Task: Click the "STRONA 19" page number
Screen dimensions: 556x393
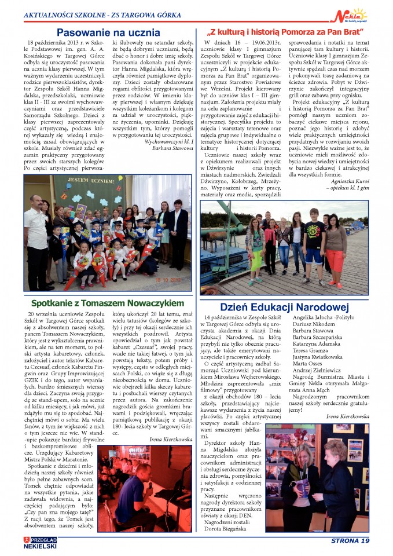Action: tap(350, 541)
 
